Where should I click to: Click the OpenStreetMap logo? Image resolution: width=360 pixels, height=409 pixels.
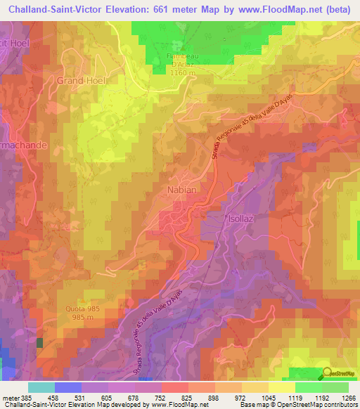coord(330,373)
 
